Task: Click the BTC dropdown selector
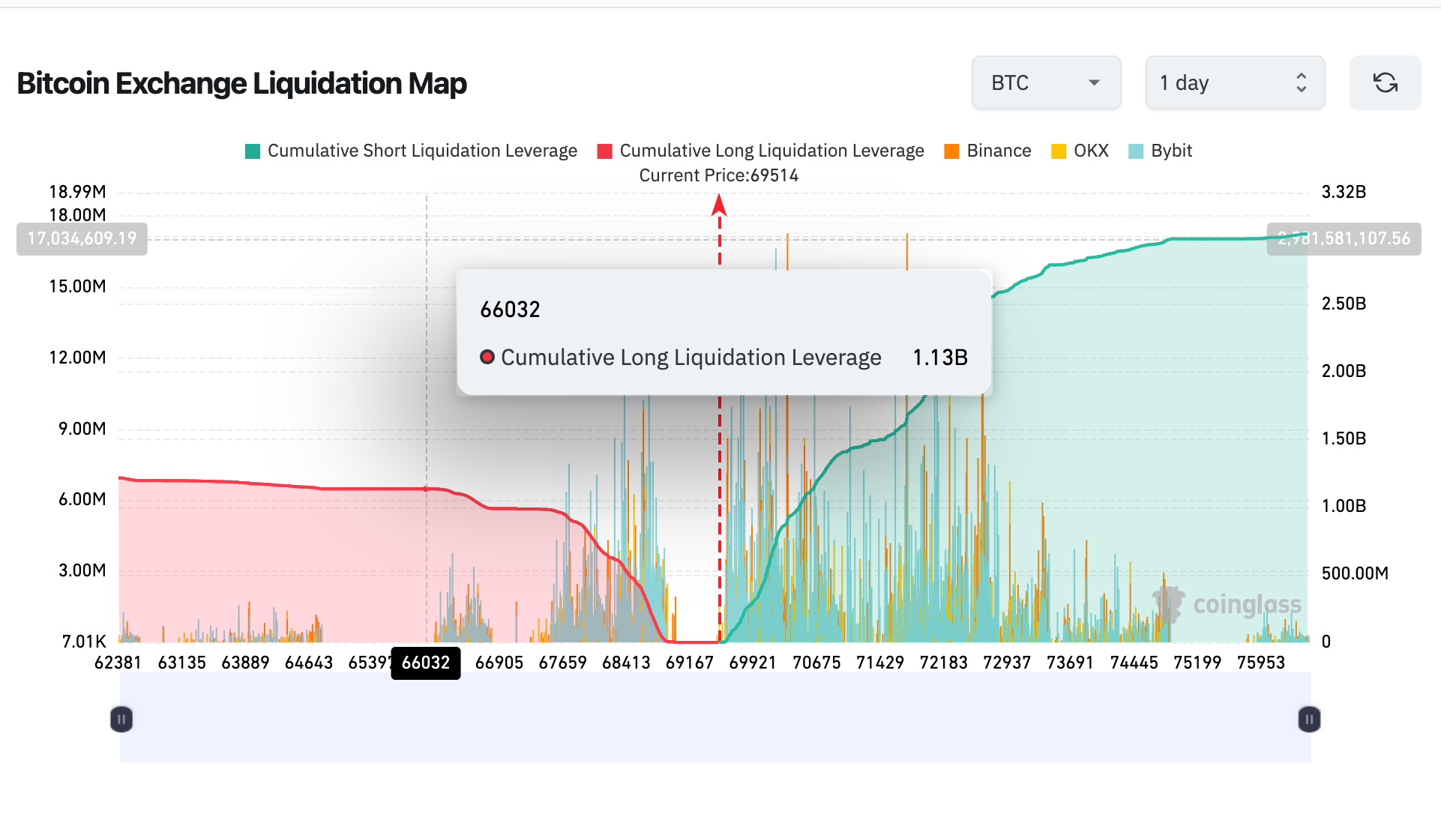[x=1046, y=82]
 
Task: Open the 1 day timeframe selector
[x=1234, y=82]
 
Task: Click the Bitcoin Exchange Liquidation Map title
[x=241, y=83]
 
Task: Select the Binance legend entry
[x=988, y=151]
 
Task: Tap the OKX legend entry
[x=1080, y=151]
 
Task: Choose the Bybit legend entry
[x=1161, y=151]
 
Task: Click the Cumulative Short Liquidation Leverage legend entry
[x=412, y=151]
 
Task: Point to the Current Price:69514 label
[x=718, y=175]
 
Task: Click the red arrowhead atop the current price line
[x=719, y=205]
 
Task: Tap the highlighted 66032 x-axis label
[x=426, y=663]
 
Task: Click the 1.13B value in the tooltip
[x=939, y=358]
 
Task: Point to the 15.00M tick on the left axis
[x=78, y=286]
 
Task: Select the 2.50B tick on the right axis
[x=1344, y=304]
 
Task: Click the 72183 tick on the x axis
[x=943, y=663]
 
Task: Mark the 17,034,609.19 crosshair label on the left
[x=82, y=238]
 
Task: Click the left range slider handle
[x=121, y=720]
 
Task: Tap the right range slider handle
[x=1309, y=720]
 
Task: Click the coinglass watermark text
[x=1247, y=605]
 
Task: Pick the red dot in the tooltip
[x=487, y=357]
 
